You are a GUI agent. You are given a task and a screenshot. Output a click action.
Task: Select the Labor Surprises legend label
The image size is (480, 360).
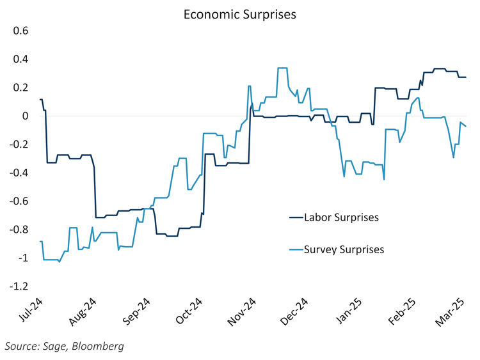342,217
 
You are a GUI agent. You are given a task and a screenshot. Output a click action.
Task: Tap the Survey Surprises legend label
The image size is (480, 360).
344,249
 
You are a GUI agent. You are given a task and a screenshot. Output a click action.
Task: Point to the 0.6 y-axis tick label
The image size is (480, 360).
22,31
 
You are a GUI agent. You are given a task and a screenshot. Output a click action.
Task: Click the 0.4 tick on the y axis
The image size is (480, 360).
22,59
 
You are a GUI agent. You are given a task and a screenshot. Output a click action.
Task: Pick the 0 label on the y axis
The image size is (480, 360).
26,116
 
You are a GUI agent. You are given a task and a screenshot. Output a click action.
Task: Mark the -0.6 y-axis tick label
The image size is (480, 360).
20,201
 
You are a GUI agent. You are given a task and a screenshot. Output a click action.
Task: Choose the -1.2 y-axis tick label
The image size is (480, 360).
20,286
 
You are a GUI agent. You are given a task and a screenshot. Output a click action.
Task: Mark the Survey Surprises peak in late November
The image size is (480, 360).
282,68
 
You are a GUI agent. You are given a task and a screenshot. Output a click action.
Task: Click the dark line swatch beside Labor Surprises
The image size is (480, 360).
295,217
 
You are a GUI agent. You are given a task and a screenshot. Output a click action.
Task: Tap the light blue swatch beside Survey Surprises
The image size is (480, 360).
295,249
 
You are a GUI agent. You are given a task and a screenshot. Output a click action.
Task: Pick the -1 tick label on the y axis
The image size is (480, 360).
24,258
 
